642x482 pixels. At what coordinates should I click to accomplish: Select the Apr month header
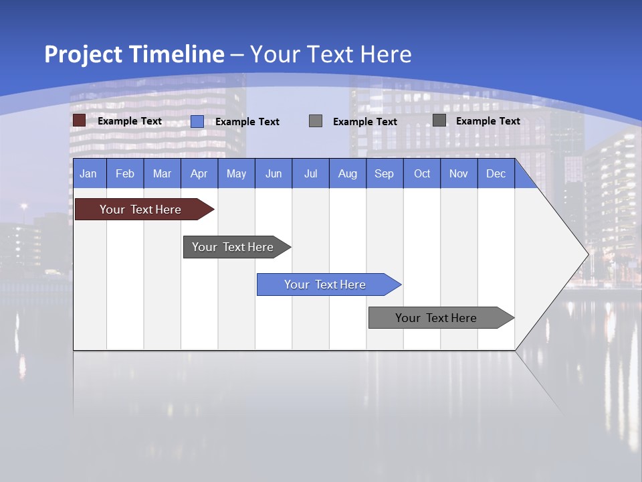(x=199, y=173)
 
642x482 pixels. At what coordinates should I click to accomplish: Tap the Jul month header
(x=311, y=173)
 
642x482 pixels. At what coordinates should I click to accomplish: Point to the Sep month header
(x=385, y=173)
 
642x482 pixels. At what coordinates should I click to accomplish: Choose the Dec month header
(x=496, y=173)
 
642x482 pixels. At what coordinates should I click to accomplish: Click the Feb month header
(x=125, y=173)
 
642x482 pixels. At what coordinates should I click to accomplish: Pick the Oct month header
(x=422, y=173)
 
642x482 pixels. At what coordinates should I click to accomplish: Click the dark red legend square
(x=79, y=120)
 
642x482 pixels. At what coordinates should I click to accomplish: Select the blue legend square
(x=197, y=121)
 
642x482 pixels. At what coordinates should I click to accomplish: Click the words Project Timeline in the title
(x=134, y=54)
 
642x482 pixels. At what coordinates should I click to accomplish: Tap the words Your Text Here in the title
(x=331, y=54)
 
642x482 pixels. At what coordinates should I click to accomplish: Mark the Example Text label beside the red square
(x=130, y=121)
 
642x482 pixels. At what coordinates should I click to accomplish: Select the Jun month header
(x=274, y=173)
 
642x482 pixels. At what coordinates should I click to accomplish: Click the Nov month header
(x=459, y=173)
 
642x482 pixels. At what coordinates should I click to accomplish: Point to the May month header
(x=236, y=173)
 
